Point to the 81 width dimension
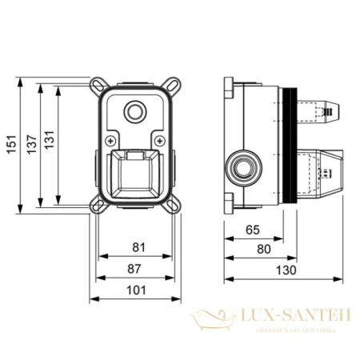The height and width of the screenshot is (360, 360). coord(138,248)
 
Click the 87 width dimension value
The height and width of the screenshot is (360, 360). coord(138,270)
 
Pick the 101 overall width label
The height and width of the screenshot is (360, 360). coord(138,292)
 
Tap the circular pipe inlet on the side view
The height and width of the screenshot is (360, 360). coord(241,166)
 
